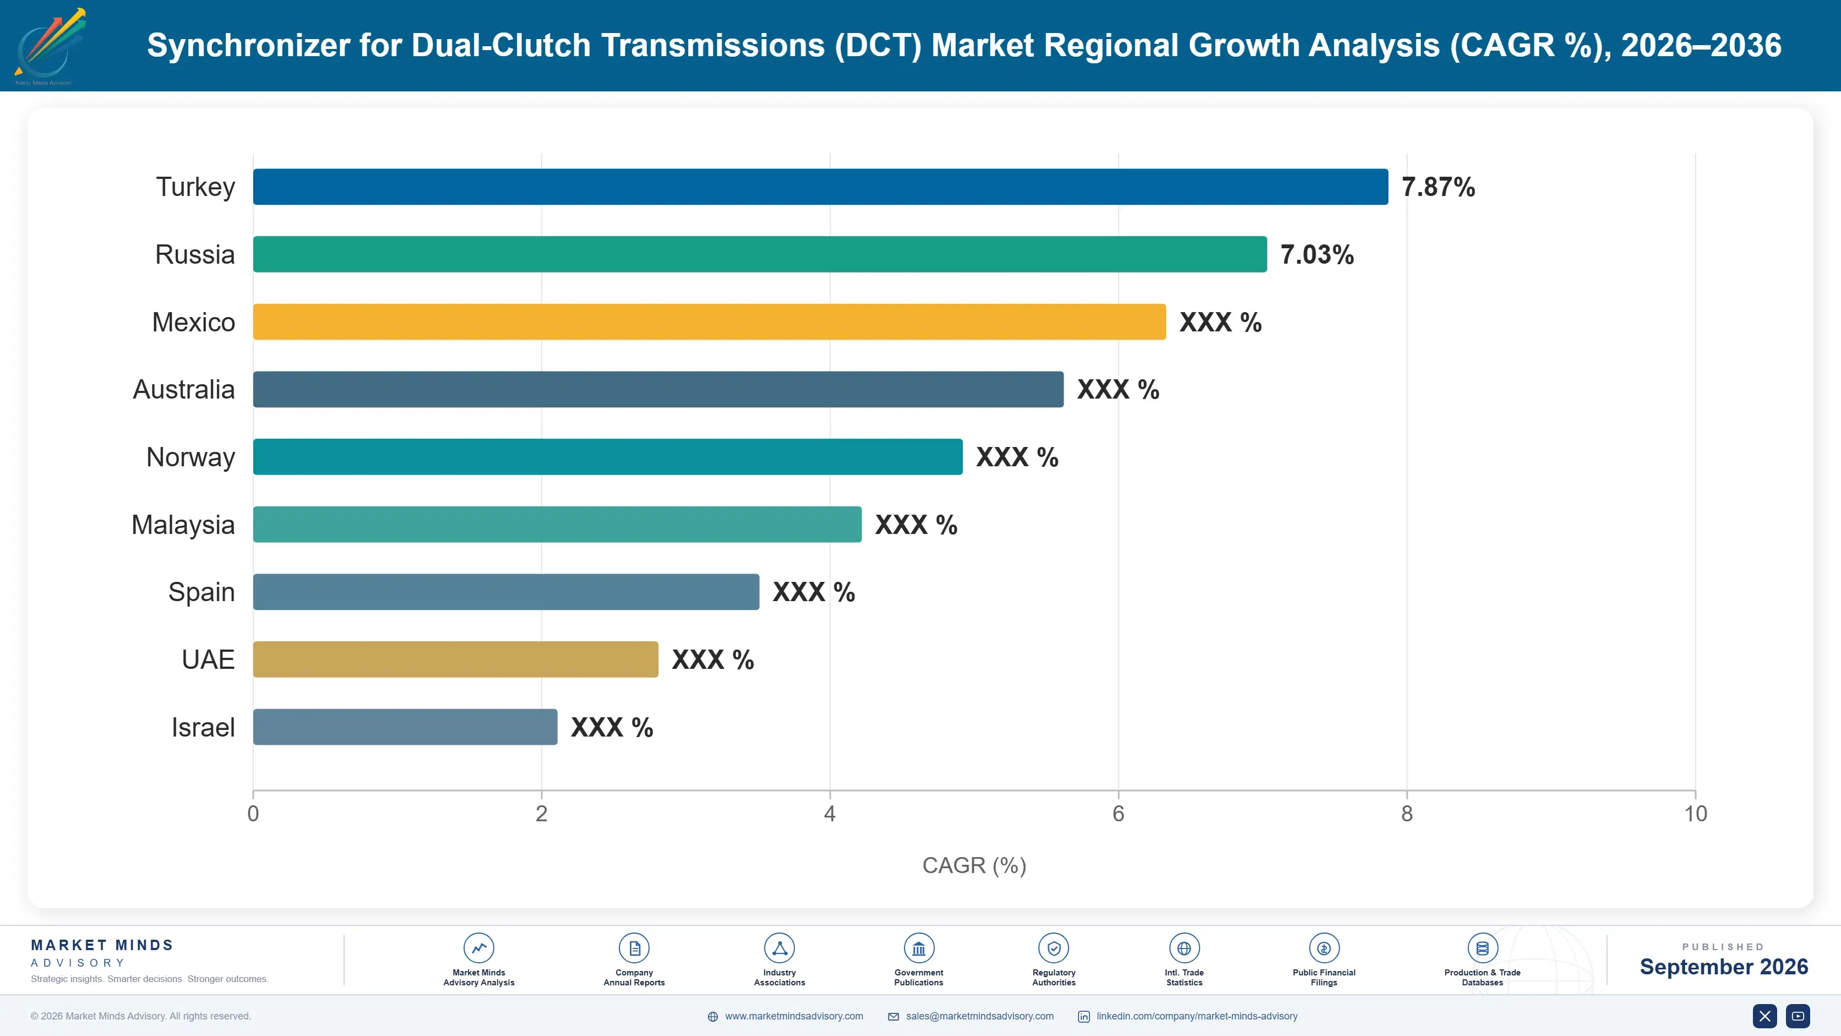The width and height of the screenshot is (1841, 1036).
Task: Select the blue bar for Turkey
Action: click(x=820, y=187)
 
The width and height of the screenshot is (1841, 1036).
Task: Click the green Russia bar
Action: click(x=760, y=254)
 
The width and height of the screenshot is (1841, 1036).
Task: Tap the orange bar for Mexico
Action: click(x=710, y=321)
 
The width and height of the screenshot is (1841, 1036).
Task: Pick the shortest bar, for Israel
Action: click(x=405, y=727)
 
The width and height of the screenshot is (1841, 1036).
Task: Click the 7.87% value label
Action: click(x=1438, y=187)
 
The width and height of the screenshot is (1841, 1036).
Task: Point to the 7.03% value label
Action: click(x=1317, y=254)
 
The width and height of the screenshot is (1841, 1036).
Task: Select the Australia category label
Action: click(x=184, y=389)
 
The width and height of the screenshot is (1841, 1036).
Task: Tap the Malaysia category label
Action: click(x=183, y=525)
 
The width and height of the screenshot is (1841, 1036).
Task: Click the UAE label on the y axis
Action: click(x=208, y=659)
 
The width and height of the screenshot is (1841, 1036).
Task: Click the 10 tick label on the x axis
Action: click(x=1695, y=814)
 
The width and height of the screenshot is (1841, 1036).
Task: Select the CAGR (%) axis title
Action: click(x=974, y=865)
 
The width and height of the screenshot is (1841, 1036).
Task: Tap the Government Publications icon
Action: click(x=918, y=948)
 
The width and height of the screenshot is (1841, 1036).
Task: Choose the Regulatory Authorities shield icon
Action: click(x=1053, y=948)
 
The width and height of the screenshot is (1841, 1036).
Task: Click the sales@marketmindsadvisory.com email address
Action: click(x=979, y=1016)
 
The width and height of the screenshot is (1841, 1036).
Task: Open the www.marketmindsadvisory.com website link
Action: click(x=793, y=1016)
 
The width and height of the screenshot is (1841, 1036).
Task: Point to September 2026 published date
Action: click(x=1724, y=967)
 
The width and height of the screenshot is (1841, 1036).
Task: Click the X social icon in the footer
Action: click(x=1764, y=1016)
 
